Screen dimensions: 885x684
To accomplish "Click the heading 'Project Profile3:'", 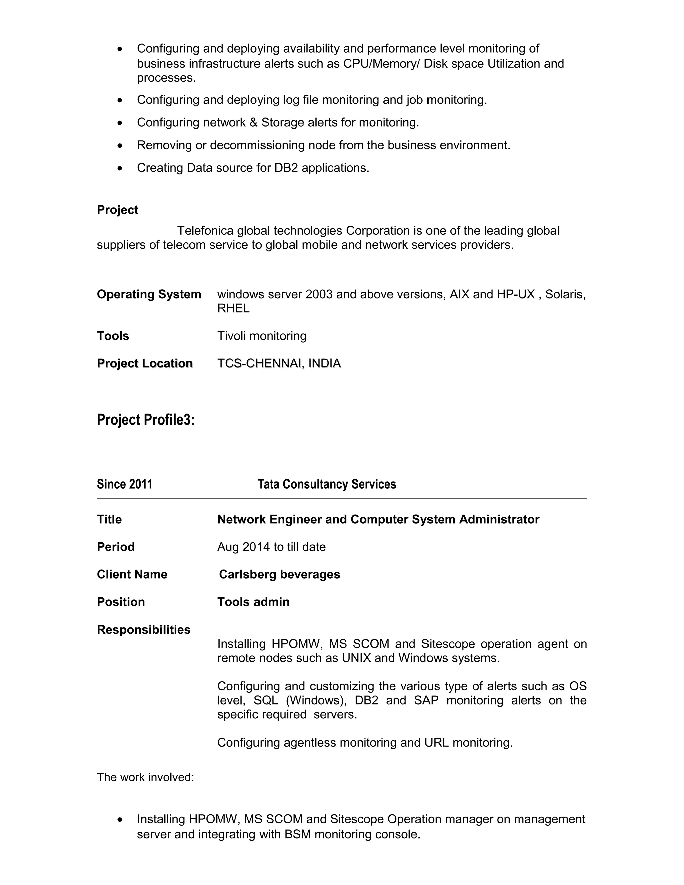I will coord(146,420).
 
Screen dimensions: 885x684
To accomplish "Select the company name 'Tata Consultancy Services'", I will coord(327,484).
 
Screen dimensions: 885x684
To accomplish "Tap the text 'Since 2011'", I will coord(124,484).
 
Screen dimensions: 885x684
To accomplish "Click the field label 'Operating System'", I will coord(149,294).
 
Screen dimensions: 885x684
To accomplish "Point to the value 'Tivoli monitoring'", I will coord(262,336).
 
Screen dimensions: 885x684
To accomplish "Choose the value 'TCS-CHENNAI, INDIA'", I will coord(279,363).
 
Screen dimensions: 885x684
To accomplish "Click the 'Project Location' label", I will coord(145,363).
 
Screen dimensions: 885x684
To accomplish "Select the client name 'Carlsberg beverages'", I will coord(279,575).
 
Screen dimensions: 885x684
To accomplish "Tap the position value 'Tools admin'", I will coord(253,602).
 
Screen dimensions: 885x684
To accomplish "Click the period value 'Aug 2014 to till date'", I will coord(272,547).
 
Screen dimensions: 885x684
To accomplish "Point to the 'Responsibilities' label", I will coord(143,630).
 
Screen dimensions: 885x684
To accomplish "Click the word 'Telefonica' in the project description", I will coord(205,231).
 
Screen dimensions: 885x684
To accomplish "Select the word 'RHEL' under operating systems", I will coord(233,308).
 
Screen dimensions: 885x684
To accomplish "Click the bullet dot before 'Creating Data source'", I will coord(120,168).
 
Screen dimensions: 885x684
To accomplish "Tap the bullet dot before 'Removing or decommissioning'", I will coord(120,146).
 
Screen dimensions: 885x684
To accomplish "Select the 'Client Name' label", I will coord(132,575).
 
